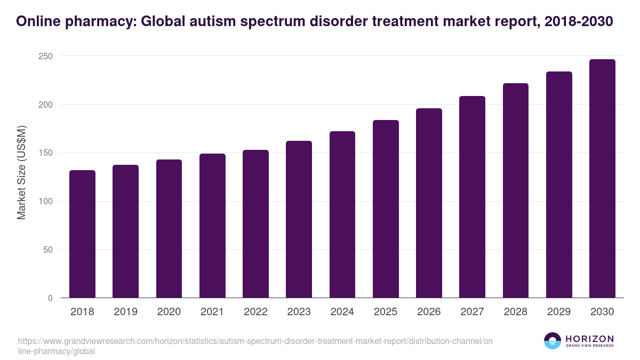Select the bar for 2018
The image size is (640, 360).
[x=82, y=234]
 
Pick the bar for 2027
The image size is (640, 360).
[x=472, y=197]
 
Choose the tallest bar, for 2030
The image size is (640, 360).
[x=602, y=179]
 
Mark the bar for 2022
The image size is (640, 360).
[x=255, y=224]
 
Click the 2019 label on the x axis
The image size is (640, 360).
[x=125, y=312]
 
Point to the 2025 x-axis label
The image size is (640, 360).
[x=386, y=312]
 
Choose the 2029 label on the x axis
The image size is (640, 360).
[x=559, y=312]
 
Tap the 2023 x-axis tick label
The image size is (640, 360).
[x=299, y=312]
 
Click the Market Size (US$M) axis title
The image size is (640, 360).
[x=22, y=173]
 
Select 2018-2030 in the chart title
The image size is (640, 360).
[x=579, y=21]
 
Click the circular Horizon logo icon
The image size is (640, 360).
[x=553, y=341]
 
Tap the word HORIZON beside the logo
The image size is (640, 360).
[x=589, y=339]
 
